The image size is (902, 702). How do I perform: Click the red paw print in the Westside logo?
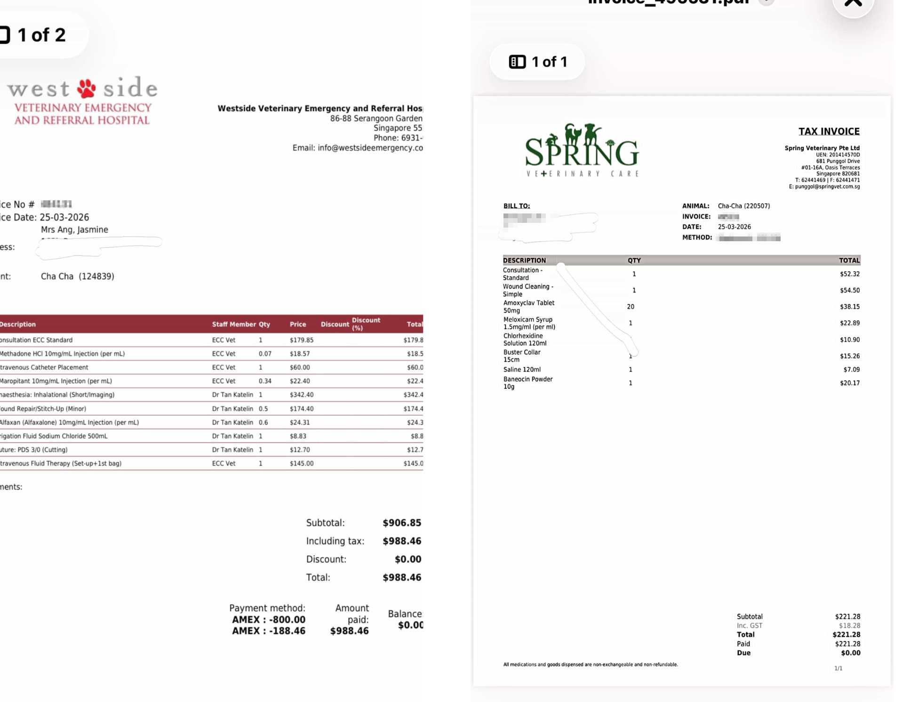[x=86, y=88]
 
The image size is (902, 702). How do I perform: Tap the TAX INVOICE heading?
[x=829, y=131]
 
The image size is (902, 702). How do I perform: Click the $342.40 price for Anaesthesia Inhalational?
[x=302, y=394]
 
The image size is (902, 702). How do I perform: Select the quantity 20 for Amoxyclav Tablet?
[x=631, y=307]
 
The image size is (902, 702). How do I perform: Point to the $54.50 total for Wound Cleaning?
[x=849, y=290]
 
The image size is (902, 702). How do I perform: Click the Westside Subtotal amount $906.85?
[x=401, y=522]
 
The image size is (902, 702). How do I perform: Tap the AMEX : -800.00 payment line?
[x=269, y=619]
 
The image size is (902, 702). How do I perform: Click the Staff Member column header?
[x=234, y=324]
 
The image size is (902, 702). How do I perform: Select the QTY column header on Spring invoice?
[x=634, y=260]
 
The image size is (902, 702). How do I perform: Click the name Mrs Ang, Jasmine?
[x=74, y=229]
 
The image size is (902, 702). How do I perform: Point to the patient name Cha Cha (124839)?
[x=78, y=276]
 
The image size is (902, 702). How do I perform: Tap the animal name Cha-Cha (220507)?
[x=743, y=206]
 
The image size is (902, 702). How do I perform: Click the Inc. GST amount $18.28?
[x=849, y=625]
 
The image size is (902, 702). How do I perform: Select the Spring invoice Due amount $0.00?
[x=850, y=653]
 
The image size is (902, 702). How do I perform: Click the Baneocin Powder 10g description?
[x=527, y=383]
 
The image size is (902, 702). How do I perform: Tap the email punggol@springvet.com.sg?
[x=827, y=187]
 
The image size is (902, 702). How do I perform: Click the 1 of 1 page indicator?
[x=538, y=62]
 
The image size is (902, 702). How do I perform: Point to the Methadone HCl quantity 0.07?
[x=265, y=354]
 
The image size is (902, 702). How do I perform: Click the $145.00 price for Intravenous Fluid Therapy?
[x=302, y=463]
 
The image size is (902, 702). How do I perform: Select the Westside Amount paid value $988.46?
[x=349, y=631]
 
